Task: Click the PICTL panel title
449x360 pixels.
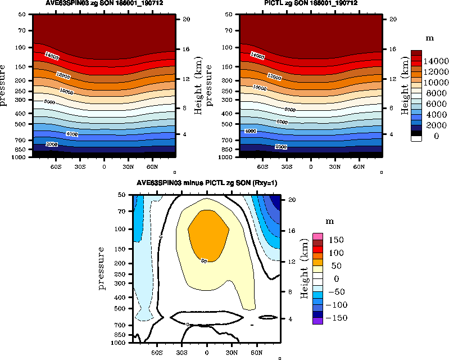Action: point(311,4)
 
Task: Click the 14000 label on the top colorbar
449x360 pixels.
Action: point(435,61)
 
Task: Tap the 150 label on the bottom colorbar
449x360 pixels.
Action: point(337,240)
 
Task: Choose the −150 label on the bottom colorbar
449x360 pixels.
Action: point(335,318)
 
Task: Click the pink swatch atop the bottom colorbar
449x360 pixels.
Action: point(318,236)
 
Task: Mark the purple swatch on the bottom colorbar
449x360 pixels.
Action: point(318,321)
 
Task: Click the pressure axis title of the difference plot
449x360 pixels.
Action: point(102,268)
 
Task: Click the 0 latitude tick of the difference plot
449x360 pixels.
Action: point(207,352)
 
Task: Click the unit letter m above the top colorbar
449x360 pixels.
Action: point(430,39)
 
